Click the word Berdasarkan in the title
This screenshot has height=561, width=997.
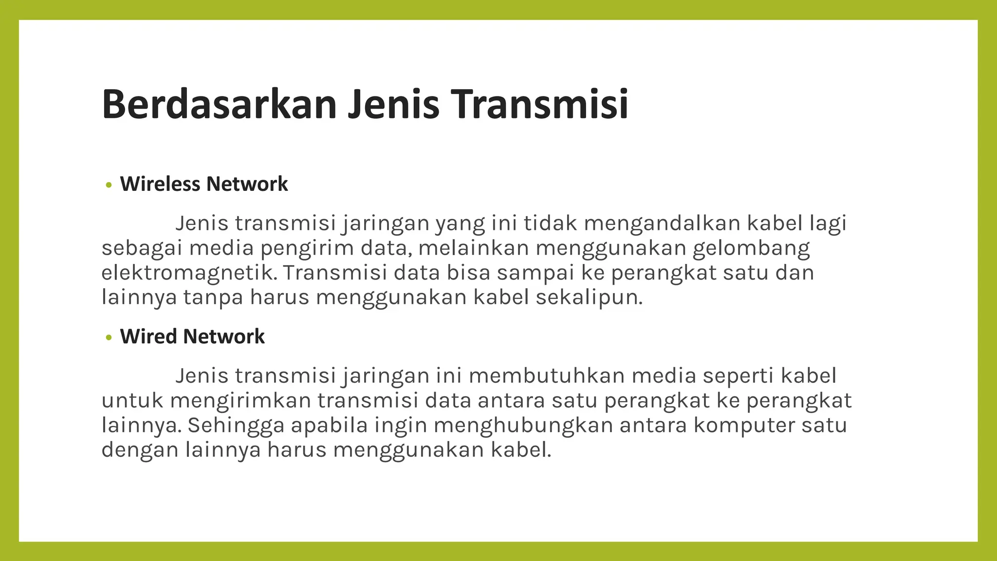(219, 104)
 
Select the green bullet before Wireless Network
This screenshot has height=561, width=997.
(109, 185)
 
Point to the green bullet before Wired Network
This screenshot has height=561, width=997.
(109, 337)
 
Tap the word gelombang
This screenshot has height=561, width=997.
(751, 248)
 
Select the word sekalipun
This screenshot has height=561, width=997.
(589, 297)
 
